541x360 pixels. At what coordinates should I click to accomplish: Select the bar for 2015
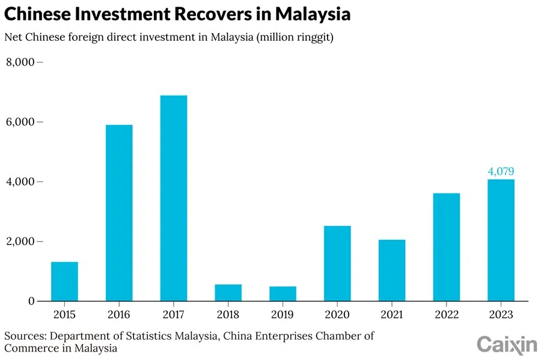(64, 281)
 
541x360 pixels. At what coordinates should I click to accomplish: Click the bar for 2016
(119, 213)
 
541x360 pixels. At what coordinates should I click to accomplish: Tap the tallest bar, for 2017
(174, 198)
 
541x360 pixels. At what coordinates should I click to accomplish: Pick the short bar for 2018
(228, 293)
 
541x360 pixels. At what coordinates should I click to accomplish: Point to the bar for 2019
(283, 294)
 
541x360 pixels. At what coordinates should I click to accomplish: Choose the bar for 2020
(337, 263)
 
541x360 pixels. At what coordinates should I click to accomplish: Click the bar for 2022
(446, 247)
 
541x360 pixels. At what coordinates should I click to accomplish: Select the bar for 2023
(501, 240)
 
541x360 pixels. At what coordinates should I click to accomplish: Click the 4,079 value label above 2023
(501, 172)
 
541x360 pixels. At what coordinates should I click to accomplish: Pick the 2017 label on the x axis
(174, 314)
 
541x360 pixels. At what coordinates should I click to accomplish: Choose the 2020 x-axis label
(337, 314)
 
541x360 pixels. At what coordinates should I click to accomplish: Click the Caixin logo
(507, 344)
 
